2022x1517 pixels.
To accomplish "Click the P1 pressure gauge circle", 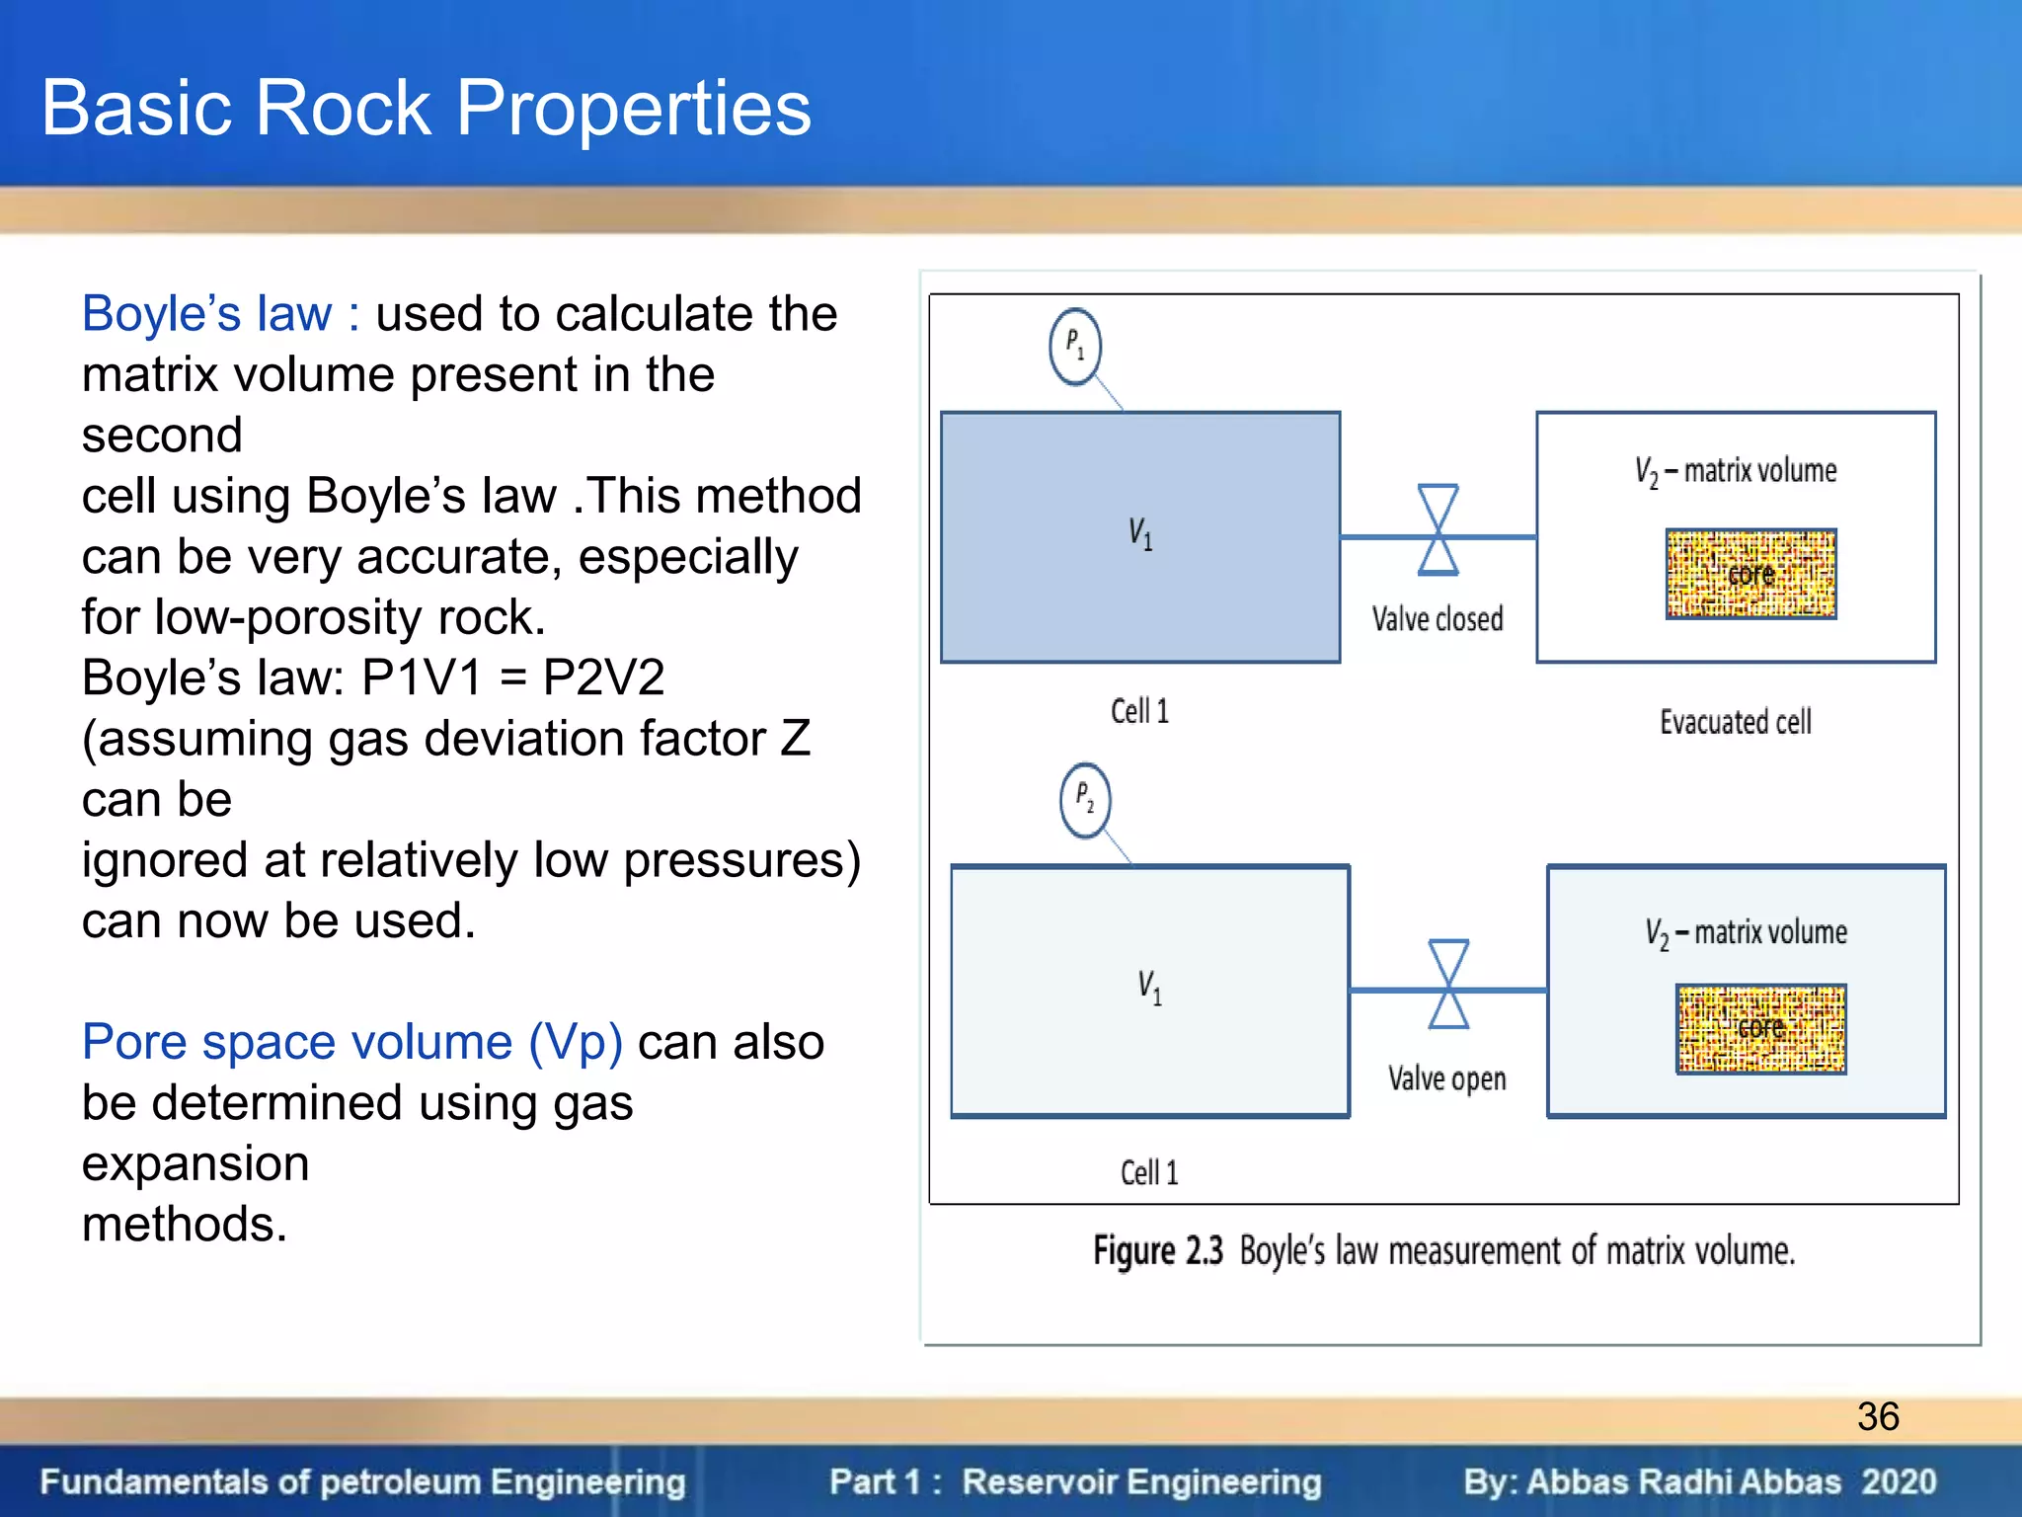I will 1074,347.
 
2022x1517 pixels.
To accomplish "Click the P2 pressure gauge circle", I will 1085,800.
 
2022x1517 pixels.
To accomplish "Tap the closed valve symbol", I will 1438,530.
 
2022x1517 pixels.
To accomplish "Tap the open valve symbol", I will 1448,985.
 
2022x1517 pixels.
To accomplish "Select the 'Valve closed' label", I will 1437,619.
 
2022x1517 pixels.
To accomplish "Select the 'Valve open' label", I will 1446,1078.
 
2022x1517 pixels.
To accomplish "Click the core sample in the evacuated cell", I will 1750,574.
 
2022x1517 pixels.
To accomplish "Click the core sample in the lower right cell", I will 1760,1028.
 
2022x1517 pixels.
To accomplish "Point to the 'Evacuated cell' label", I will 1735,722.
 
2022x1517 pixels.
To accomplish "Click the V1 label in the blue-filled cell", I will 1140,534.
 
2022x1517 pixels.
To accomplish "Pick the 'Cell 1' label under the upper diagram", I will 1139,711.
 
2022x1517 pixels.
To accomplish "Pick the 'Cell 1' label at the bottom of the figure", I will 1149,1172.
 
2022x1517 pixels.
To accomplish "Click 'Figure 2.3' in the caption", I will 1157,1251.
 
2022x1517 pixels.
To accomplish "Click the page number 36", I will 1877,1416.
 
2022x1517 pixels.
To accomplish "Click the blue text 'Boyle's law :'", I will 220,314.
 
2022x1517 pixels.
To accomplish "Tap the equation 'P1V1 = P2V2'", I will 512,679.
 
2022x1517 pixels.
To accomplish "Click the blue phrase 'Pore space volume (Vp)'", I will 351,1042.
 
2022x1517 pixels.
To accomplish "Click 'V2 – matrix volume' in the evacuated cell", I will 1735,471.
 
